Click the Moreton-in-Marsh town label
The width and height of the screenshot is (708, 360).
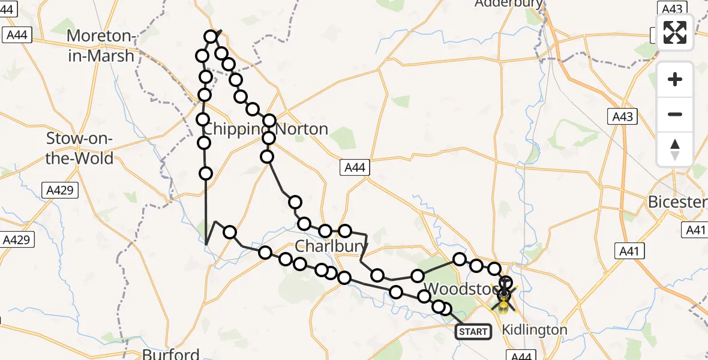coord(100,45)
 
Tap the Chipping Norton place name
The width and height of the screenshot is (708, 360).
coord(265,129)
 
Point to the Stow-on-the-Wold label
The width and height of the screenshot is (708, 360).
coord(80,148)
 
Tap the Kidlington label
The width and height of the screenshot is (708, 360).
coord(534,329)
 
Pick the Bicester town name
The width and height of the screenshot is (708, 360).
coord(677,202)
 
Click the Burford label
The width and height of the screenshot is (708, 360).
coord(170,353)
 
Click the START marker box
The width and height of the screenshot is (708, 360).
coord(473,332)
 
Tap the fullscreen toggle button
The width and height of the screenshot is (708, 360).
coord(675,32)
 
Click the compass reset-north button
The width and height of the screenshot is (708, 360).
coord(675,149)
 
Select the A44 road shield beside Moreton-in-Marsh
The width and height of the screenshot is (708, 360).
coord(17,35)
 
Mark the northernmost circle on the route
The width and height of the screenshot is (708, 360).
coord(211,37)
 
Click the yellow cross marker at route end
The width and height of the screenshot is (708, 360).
coord(504,296)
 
